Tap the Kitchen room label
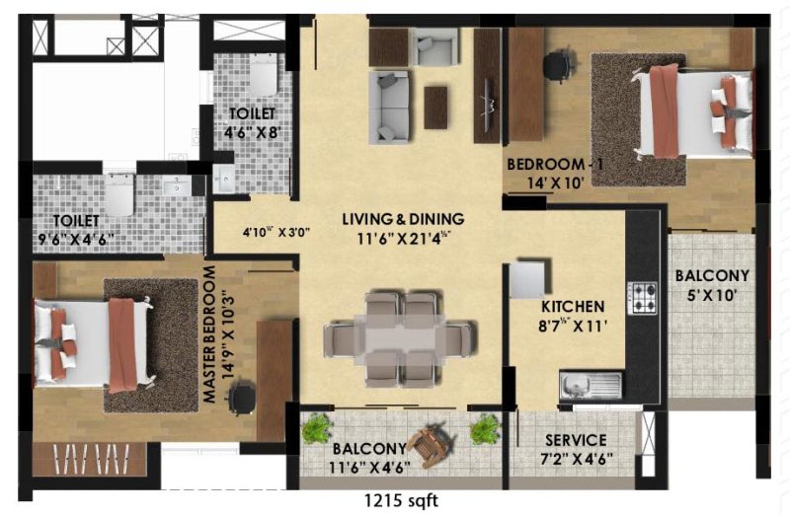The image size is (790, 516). pos(572,307)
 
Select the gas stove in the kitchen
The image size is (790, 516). pos(644,295)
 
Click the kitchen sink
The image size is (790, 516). pos(591,384)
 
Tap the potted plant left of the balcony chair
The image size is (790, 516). pos(316,428)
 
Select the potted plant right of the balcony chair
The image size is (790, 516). pos(485,428)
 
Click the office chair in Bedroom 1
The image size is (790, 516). pos(557,65)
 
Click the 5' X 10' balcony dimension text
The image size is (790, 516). pos(712,294)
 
